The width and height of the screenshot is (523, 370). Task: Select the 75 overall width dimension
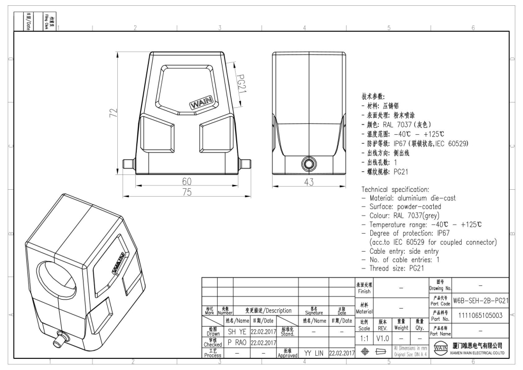[x=186, y=192]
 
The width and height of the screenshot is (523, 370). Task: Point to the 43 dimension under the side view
[x=309, y=182]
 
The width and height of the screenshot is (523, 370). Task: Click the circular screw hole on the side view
[x=308, y=162]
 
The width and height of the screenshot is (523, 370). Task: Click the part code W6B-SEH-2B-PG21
[x=481, y=300]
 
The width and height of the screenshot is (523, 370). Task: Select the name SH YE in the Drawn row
[x=235, y=331]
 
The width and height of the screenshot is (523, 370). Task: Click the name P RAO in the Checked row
[x=235, y=343]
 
